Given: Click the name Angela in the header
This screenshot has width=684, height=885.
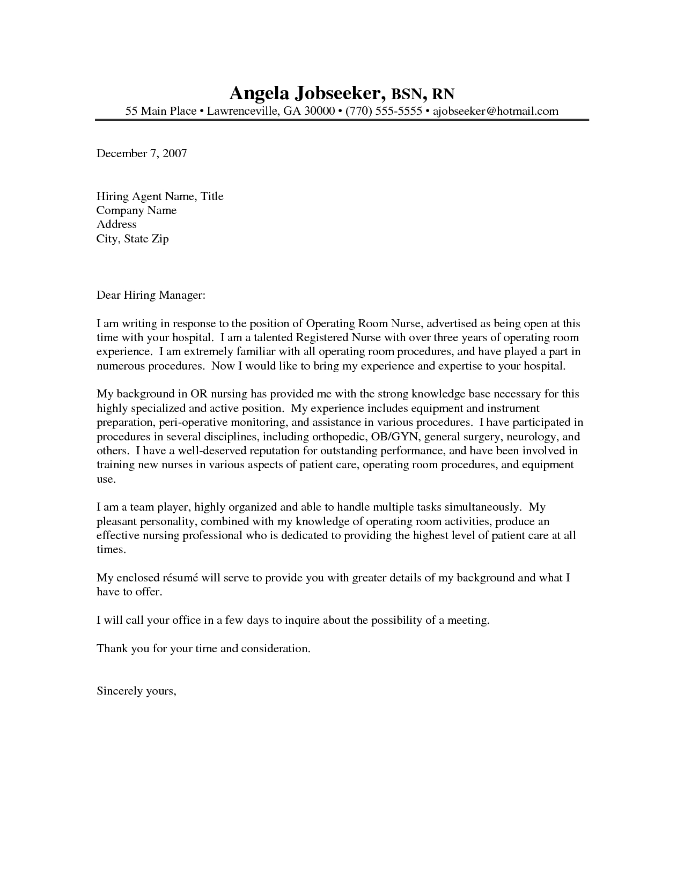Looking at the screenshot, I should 259,93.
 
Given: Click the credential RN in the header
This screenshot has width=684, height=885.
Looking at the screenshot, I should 443,94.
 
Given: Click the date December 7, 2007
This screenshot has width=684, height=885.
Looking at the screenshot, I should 142,153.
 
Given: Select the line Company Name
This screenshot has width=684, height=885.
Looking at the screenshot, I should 136,210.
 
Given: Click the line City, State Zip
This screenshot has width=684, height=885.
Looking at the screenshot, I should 133,239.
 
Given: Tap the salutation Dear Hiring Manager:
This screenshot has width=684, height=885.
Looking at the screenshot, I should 151,295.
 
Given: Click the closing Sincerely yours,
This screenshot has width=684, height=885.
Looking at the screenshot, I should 136,691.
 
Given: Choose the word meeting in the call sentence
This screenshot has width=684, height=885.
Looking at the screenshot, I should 469,620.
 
